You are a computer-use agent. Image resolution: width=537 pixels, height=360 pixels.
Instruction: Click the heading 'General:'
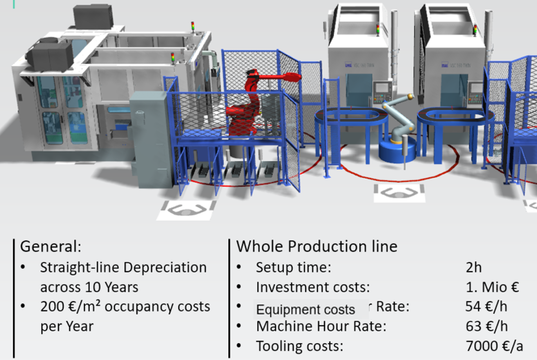click(x=51, y=246)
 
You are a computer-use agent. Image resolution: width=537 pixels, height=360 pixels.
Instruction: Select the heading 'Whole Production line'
click(x=317, y=246)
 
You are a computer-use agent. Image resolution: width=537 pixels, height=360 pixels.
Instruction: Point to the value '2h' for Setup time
click(x=474, y=267)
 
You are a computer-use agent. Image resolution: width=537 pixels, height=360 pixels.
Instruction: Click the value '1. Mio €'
click(x=492, y=287)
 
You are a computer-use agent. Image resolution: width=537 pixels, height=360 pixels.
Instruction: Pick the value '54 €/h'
click(x=486, y=306)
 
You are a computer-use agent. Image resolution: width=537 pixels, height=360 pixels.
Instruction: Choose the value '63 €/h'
click(x=487, y=326)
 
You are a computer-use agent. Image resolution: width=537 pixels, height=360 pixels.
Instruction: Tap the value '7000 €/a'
click(x=495, y=346)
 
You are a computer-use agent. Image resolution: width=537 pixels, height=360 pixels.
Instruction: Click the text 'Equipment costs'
click(x=306, y=310)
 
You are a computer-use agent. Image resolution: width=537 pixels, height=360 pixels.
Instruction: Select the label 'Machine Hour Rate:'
click(x=321, y=326)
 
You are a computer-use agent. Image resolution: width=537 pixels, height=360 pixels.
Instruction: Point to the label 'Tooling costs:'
click(x=299, y=346)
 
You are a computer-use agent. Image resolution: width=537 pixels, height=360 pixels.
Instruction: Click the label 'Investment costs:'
click(x=313, y=287)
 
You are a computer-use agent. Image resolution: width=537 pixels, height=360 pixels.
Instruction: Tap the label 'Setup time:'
click(x=294, y=267)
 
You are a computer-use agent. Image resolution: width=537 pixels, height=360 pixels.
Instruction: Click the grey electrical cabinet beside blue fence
click(x=150, y=138)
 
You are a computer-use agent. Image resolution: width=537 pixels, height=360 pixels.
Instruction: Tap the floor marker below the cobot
click(x=399, y=193)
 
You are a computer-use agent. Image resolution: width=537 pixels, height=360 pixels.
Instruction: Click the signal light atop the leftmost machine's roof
click(x=193, y=27)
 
